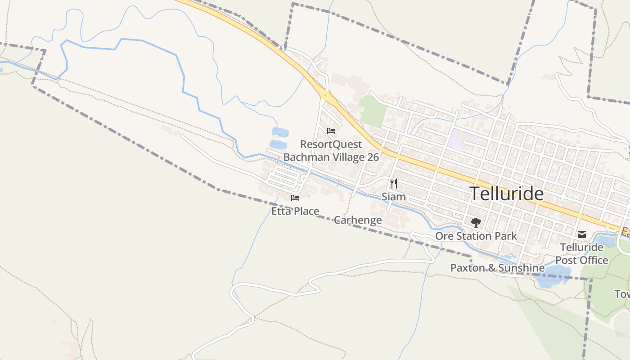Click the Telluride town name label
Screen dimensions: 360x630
(507, 193)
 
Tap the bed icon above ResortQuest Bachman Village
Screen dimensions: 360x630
(331, 131)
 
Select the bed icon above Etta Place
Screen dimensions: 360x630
(295, 198)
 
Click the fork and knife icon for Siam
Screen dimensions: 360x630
(394, 183)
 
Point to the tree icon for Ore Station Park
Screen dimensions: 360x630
(476, 222)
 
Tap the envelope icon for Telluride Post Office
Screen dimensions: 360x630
(582, 234)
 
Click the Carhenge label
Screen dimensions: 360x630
(358, 220)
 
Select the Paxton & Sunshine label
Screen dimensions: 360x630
(497, 268)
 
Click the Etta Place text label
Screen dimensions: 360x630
(295, 211)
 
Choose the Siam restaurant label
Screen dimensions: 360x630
(394, 197)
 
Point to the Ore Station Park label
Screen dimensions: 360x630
(476, 236)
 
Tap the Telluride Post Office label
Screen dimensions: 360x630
(582, 254)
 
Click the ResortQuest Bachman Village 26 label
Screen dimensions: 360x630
(331, 151)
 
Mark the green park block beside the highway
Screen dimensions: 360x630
(373, 110)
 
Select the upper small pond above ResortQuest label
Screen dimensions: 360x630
(280, 132)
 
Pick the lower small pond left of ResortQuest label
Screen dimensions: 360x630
(278, 145)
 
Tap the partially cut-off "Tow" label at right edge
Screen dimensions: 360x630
(623, 294)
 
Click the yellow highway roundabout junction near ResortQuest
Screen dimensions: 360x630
(324, 95)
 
